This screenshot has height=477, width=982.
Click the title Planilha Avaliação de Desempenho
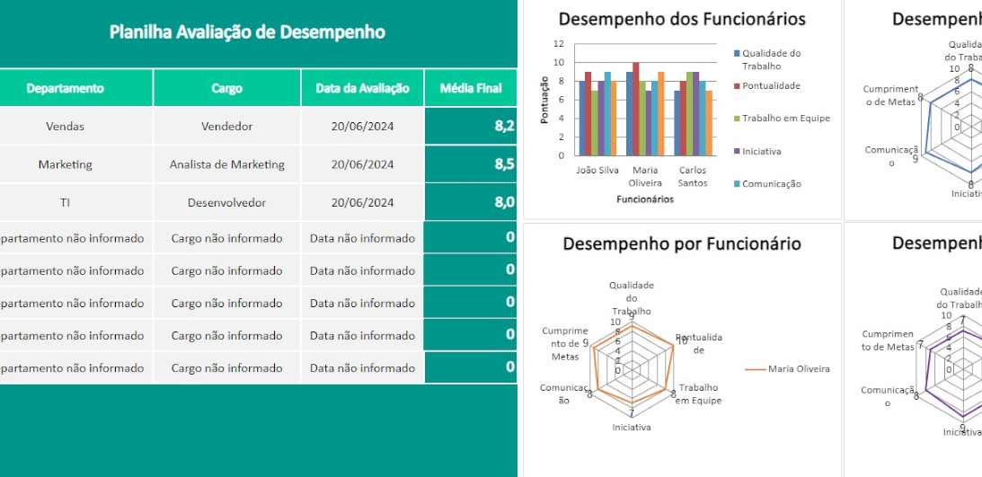pyautogui.click(x=247, y=32)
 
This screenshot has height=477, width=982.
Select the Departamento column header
pyautogui.click(x=65, y=88)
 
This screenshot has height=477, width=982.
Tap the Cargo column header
pyautogui.click(x=226, y=88)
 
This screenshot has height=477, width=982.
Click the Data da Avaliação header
pyautogui.click(x=362, y=88)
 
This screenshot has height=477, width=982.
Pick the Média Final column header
pyautogui.click(x=471, y=88)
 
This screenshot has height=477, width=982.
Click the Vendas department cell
pyautogui.click(x=65, y=127)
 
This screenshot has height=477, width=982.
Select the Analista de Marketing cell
pyautogui.click(x=226, y=164)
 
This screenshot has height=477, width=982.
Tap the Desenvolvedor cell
pyautogui.click(x=226, y=202)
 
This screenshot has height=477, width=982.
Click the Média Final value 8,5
pyautogui.click(x=504, y=164)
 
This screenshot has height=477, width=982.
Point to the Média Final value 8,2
pyautogui.click(x=504, y=126)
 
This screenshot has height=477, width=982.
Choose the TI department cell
pyautogui.click(x=65, y=202)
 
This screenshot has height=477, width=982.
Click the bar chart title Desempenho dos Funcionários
pyautogui.click(x=682, y=19)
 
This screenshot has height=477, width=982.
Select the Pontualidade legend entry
pyautogui.click(x=771, y=86)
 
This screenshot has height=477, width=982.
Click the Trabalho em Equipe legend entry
pyautogui.click(x=785, y=119)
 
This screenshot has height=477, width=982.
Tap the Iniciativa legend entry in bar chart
pyautogui.click(x=760, y=151)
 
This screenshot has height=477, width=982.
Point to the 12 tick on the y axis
pyautogui.click(x=559, y=43)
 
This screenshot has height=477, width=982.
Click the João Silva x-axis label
pyautogui.click(x=597, y=170)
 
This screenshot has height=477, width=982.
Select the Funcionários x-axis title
pyautogui.click(x=644, y=199)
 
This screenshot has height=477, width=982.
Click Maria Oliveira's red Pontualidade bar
pyautogui.click(x=636, y=109)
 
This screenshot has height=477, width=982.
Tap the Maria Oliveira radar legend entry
pyautogui.click(x=798, y=368)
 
